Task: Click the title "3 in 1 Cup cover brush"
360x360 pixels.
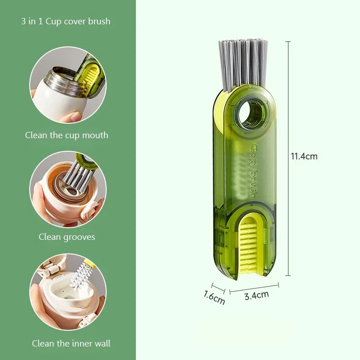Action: [x=66, y=21]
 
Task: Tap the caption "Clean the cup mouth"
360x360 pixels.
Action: [x=67, y=135]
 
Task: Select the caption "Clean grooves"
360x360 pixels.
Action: [x=67, y=237]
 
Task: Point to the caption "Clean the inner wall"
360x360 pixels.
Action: [x=71, y=343]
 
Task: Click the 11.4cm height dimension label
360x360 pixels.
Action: [x=304, y=156]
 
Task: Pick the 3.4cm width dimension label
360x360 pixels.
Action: [x=256, y=295]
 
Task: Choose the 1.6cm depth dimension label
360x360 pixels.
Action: [x=214, y=297]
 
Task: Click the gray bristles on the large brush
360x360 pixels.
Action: [x=243, y=64]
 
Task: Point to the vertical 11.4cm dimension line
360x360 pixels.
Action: [x=288, y=158]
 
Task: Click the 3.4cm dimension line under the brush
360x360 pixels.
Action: [x=254, y=288]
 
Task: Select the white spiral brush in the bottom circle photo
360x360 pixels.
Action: [x=79, y=275]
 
